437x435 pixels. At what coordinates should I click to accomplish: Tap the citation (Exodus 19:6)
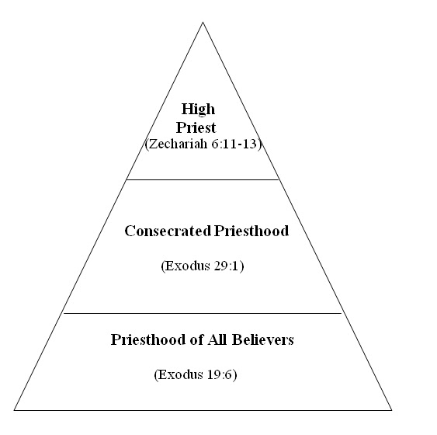196,374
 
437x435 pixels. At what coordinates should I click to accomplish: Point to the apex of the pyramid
203,22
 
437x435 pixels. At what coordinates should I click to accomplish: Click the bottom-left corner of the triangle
15,409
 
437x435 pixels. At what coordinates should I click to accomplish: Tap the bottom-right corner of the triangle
391,409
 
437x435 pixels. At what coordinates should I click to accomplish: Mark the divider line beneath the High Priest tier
203,179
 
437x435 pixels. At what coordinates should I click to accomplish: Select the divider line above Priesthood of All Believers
203,313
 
